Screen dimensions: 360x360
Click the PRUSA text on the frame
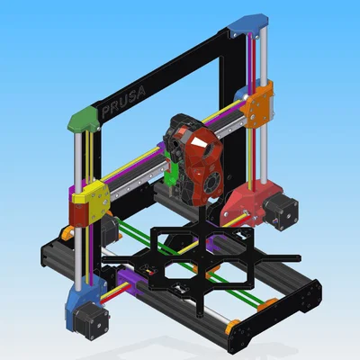[123, 102]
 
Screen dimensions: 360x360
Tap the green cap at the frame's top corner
[84, 120]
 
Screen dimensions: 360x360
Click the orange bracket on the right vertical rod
[257, 103]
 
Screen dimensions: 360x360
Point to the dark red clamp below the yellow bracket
[78, 213]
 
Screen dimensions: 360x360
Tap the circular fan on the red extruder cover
[212, 183]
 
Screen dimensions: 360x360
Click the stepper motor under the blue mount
[91, 319]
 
